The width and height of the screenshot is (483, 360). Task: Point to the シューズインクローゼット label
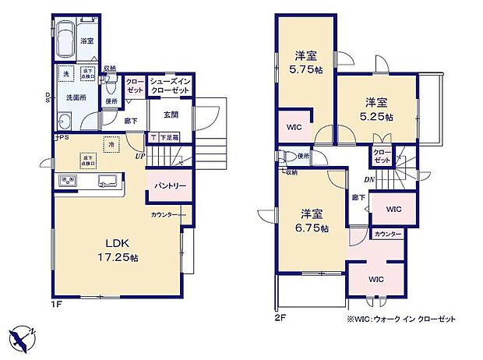click(x=171, y=84)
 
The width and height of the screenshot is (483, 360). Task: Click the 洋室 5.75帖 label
click(x=305, y=62)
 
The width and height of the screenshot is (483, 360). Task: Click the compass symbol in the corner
click(x=24, y=337)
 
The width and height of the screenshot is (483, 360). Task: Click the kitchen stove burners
click(x=69, y=182)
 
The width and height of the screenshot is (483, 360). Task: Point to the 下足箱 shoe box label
click(x=167, y=138)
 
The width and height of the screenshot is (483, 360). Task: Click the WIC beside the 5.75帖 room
click(x=294, y=126)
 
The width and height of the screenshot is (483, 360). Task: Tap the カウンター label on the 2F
click(x=387, y=235)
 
